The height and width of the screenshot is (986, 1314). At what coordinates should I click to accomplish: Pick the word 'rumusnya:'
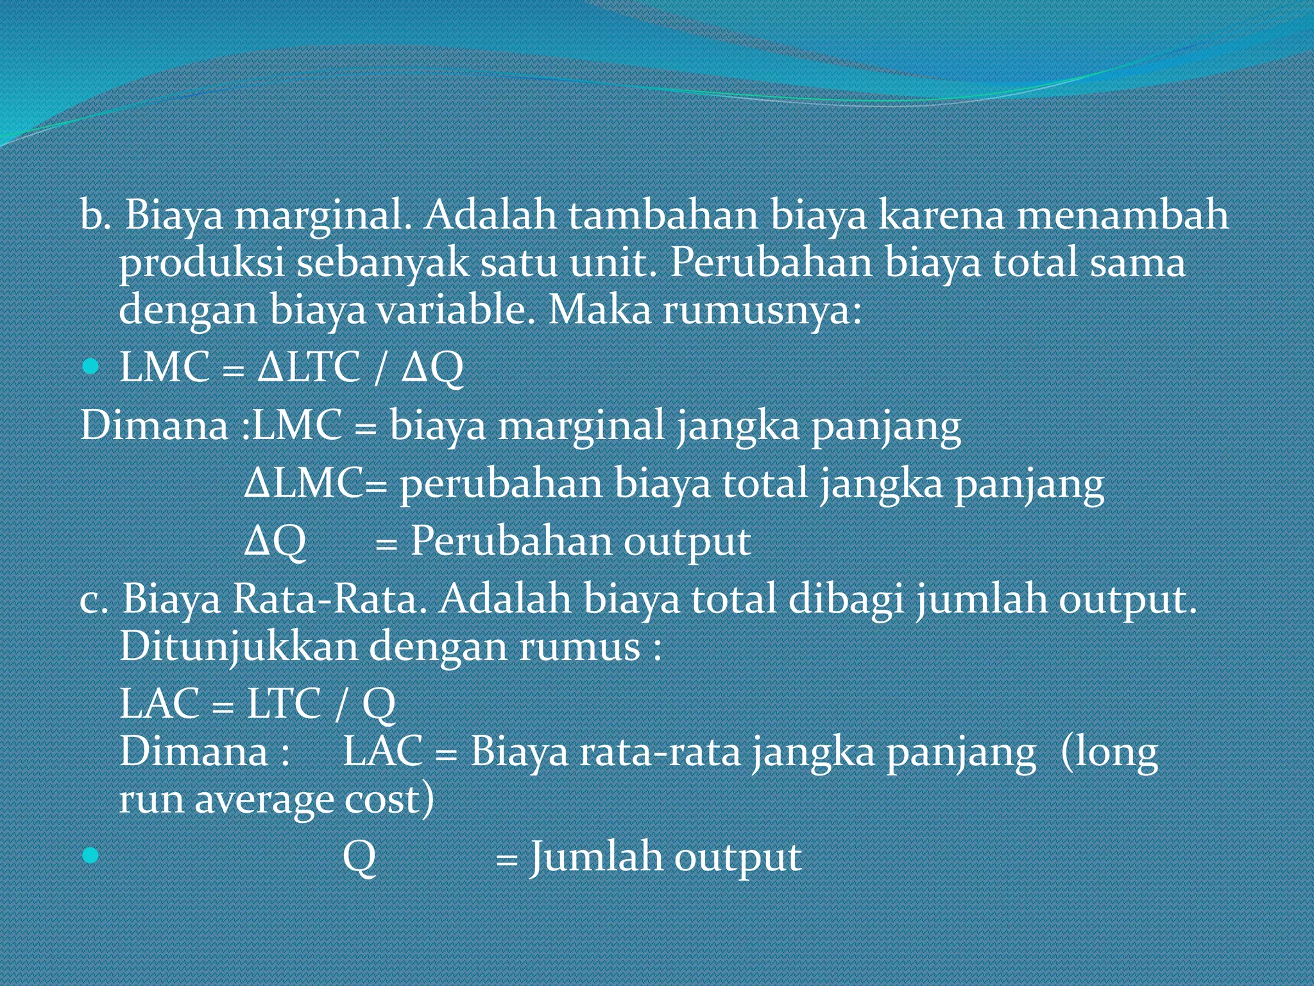(762, 311)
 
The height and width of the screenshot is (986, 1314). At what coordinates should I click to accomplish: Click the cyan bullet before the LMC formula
(91, 367)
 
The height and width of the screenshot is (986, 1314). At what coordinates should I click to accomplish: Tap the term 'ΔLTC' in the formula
(309, 367)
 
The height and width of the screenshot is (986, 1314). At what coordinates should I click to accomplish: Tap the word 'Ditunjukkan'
(238, 646)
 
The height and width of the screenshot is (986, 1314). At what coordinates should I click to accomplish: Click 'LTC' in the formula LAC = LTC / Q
(284, 704)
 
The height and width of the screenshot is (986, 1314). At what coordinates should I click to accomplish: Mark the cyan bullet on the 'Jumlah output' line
(91, 855)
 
